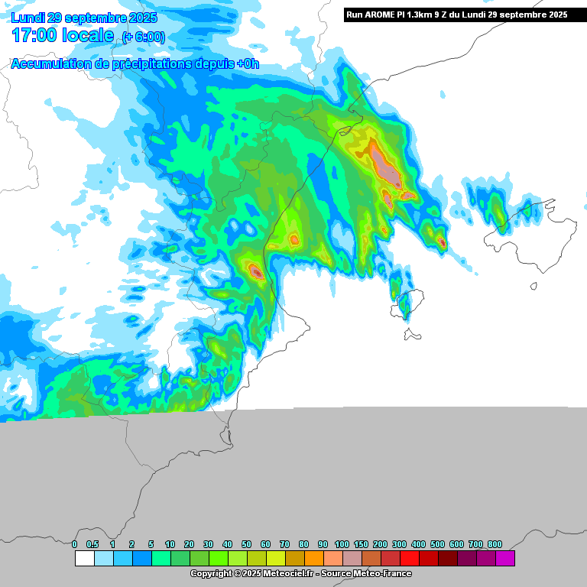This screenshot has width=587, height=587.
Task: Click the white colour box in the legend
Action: [x=84, y=559]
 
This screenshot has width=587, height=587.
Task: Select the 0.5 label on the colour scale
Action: [x=92, y=544]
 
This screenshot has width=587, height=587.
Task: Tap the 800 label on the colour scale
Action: [x=495, y=544]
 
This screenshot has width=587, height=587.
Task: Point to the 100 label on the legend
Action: [x=342, y=544]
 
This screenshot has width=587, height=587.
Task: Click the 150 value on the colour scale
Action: [x=361, y=544]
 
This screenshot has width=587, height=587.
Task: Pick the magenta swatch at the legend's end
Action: [x=505, y=559]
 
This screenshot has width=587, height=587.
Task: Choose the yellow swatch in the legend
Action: [x=276, y=559]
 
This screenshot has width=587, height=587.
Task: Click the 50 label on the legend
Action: [x=246, y=544]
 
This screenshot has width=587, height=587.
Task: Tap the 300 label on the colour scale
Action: [x=399, y=544]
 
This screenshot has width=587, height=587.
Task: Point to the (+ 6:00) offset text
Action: [x=143, y=37]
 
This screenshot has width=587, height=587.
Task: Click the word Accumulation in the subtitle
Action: [x=49, y=64]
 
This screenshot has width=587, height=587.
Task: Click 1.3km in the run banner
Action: [x=418, y=15]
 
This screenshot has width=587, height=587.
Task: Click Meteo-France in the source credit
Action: [x=387, y=573]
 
